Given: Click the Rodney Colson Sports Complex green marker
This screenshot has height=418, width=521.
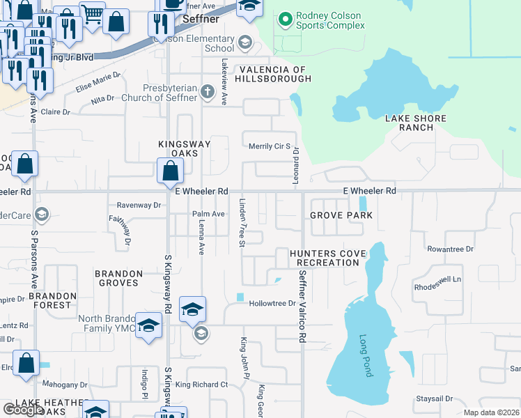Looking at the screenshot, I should (x=283, y=20).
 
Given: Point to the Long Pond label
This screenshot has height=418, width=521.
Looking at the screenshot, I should (x=366, y=356).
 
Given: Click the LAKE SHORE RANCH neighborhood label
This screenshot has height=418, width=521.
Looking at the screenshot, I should (x=415, y=123).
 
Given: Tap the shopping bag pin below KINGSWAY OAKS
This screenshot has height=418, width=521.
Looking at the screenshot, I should (x=170, y=171).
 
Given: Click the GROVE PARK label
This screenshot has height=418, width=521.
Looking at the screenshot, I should (x=341, y=215).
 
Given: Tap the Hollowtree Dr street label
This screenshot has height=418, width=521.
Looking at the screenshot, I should (x=273, y=304).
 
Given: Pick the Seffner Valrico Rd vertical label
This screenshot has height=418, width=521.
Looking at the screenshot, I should (x=302, y=307).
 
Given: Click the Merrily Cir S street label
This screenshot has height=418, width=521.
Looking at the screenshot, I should (x=269, y=146).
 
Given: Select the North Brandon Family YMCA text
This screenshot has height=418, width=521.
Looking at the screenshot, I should (x=105, y=324).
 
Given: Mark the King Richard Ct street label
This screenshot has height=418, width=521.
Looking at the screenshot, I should (x=201, y=385).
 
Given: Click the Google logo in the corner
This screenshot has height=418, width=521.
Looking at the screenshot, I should (x=22, y=410).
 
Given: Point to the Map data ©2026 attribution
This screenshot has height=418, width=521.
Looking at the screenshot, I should (x=491, y=412).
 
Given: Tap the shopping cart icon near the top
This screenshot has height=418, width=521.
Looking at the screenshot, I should (x=92, y=15).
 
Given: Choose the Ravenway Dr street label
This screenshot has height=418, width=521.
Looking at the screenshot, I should (x=139, y=206).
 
